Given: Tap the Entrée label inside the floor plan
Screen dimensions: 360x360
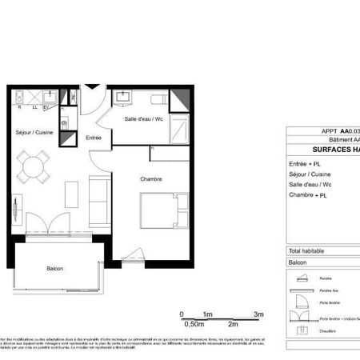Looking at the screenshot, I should [94, 138].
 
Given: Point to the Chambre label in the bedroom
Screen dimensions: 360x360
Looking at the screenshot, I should [150, 179].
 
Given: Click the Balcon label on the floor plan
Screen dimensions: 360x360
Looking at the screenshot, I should [54, 268].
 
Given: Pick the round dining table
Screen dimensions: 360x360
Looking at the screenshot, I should [34, 167].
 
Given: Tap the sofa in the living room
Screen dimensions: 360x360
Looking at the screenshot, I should [99, 200].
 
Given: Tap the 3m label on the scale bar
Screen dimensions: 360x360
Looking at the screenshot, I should [258, 314].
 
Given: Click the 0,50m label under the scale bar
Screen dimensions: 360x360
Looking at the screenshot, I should [193, 325].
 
